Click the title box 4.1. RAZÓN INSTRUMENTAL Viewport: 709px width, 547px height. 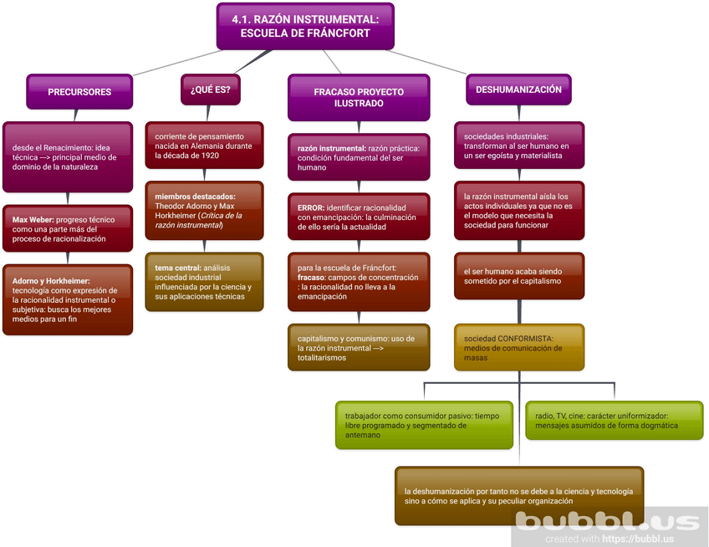[304, 26]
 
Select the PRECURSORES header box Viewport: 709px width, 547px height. [79, 92]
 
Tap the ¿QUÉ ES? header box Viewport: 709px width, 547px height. [210, 89]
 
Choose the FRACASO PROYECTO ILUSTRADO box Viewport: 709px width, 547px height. [358, 98]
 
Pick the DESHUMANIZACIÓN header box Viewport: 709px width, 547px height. [518, 89]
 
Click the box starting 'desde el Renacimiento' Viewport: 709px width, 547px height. [67, 157]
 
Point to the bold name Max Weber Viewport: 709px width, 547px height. [33, 220]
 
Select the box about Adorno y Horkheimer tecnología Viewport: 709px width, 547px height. [67, 299]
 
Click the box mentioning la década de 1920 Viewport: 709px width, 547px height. [204, 146]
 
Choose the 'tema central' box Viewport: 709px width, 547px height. [204, 282]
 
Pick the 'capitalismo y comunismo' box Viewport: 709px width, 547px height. [358, 347]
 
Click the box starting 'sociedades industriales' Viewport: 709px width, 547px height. [518, 146]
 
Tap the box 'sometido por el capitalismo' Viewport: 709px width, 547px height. [518, 277]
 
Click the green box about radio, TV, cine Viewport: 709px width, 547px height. [613, 420]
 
